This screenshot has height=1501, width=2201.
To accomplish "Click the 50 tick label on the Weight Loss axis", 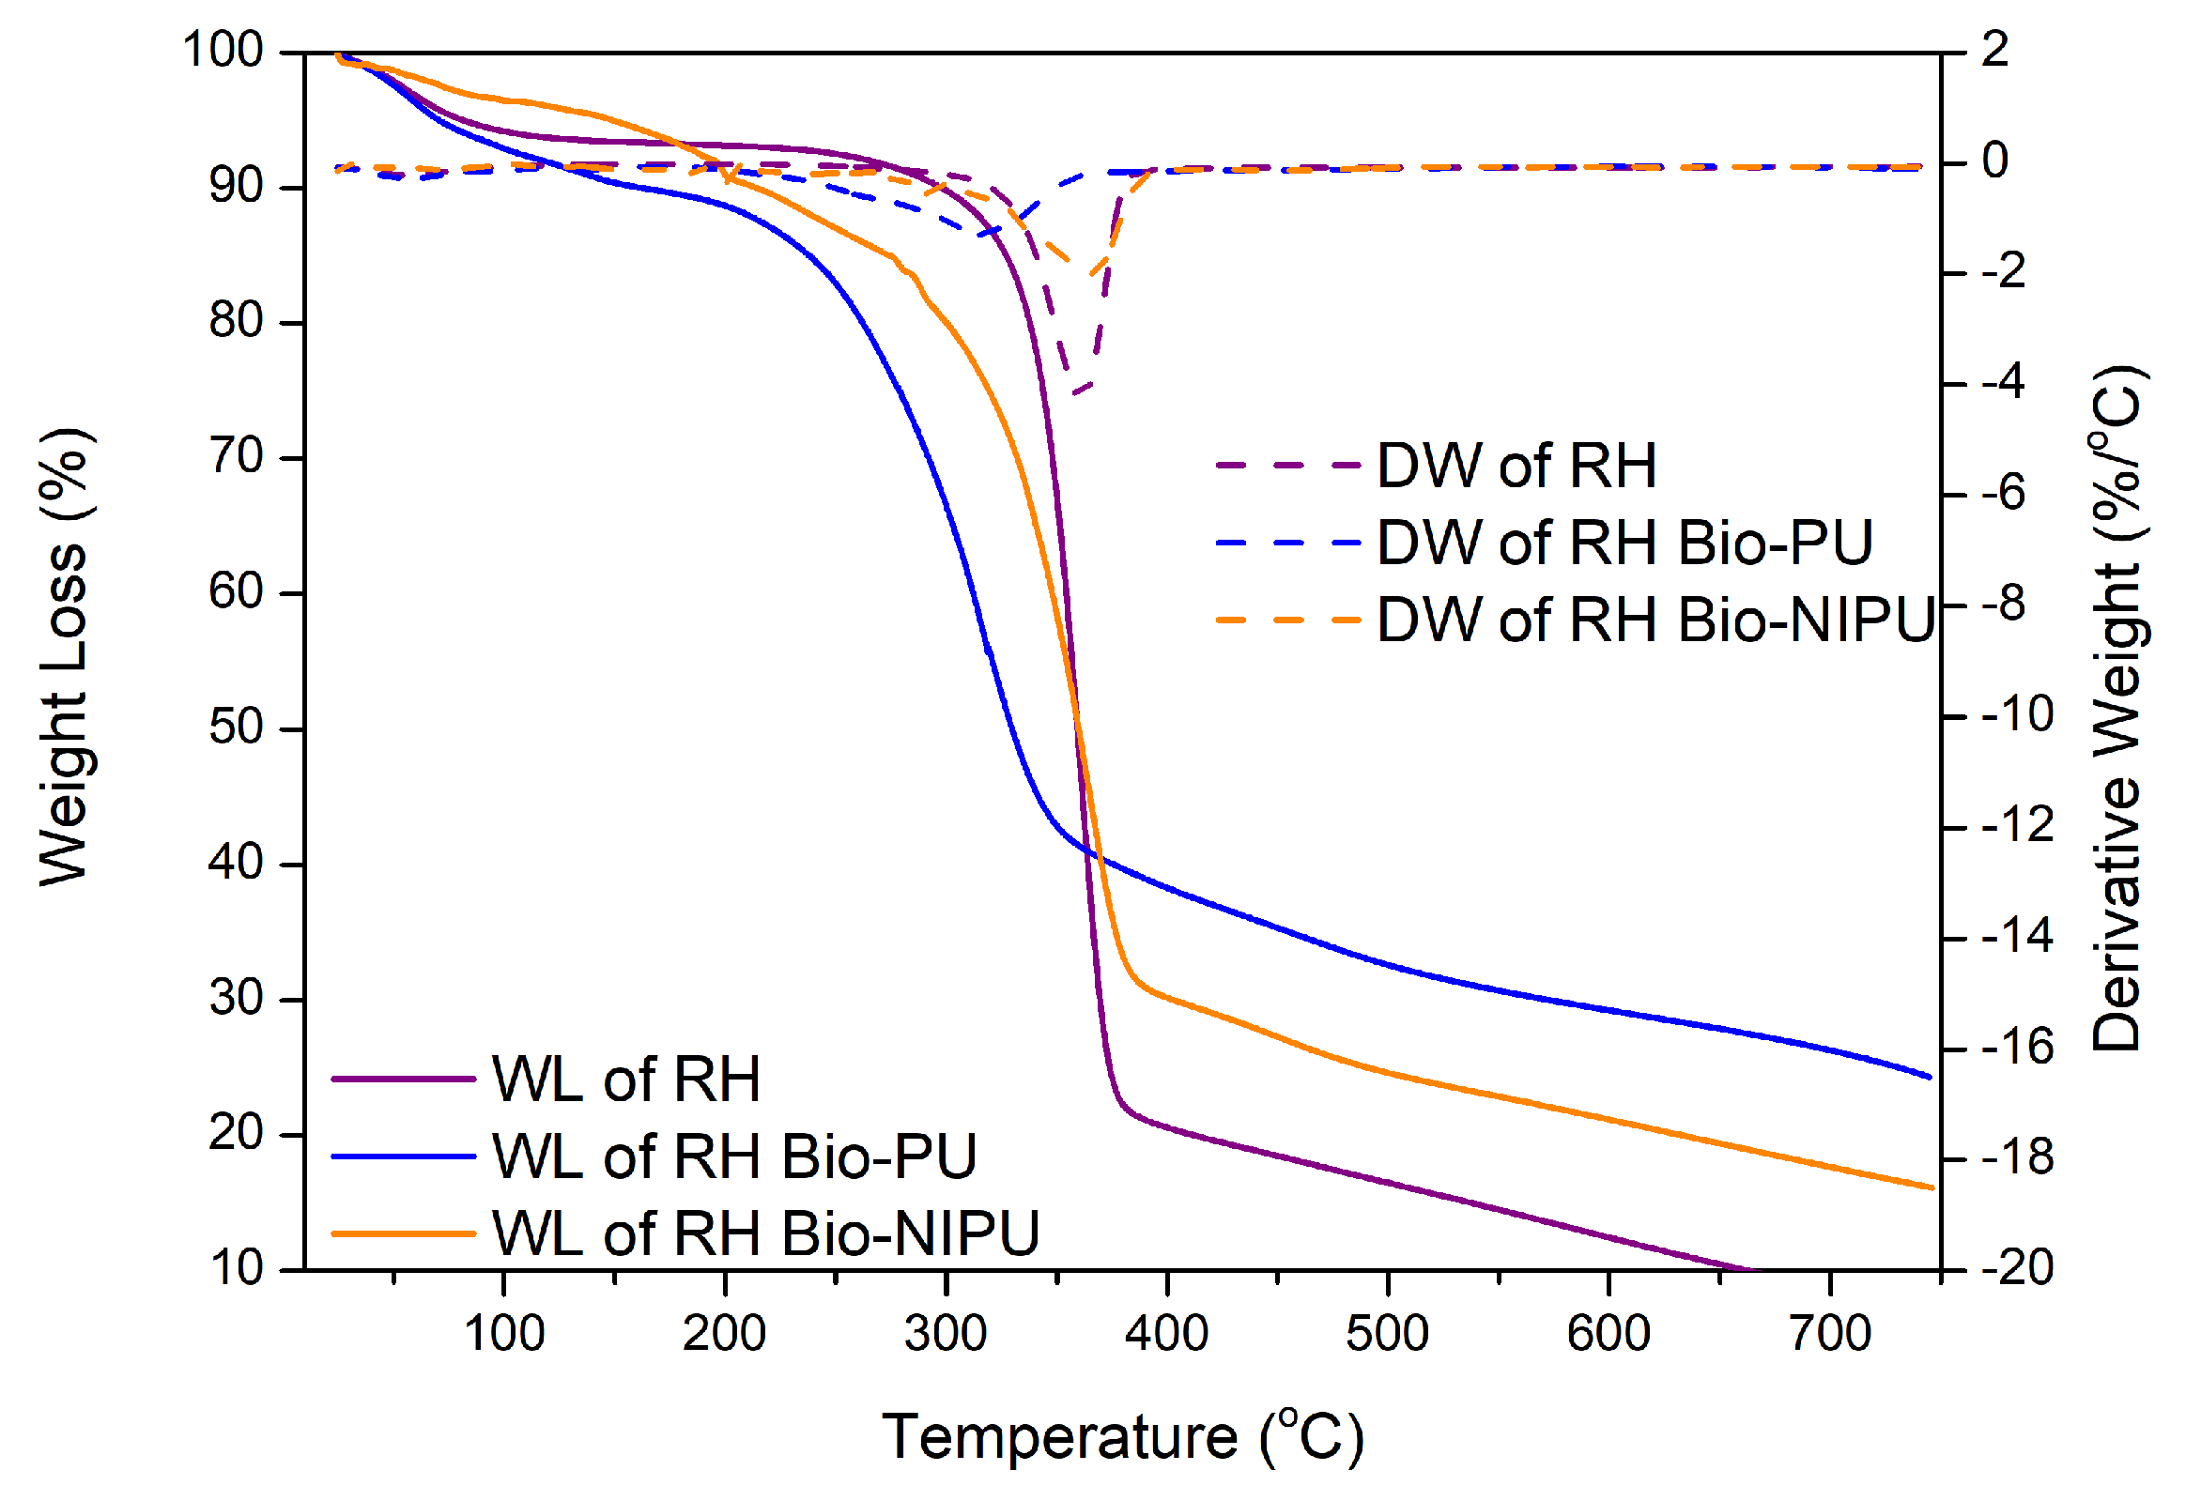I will pyautogui.click(x=236, y=728).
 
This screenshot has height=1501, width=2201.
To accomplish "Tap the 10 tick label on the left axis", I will pyautogui.click(x=236, y=1268).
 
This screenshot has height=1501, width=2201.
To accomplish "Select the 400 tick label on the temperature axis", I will pyautogui.click(x=1167, y=1334).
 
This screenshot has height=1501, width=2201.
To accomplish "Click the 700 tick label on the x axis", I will pyautogui.click(x=1830, y=1334).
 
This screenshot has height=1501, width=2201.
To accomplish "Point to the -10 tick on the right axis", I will pyautogui.click(x=2017, y=715).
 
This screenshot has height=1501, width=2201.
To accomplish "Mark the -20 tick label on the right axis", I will pyautogui.click(x=2017, y=1268).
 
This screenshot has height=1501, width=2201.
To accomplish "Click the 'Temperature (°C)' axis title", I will pyautogui.click(x=1123, y=1437).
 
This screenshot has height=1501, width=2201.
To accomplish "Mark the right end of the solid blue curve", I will pyautogui.click(x=1930, y=1078).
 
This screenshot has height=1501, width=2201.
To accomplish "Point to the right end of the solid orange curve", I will pyautogui.click(x=1932, y=1188).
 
